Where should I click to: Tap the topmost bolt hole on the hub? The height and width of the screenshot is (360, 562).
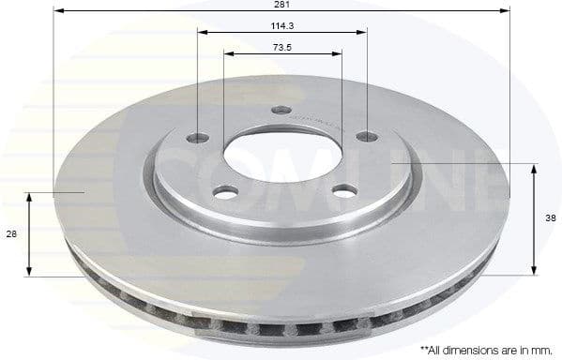[281, 111]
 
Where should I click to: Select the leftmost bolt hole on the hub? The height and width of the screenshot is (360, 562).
[197, 139]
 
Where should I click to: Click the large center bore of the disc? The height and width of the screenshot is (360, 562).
[281, 150]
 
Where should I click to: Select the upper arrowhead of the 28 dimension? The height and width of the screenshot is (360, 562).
[30, 197]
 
